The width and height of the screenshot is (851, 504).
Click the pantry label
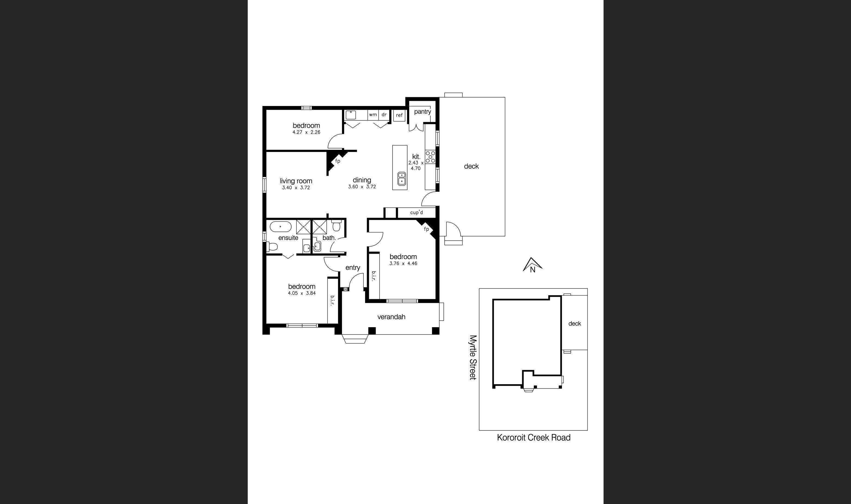423,111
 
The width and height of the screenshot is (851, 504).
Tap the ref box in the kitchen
399,115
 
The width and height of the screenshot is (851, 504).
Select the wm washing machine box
373,114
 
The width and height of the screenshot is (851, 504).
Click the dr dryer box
384,114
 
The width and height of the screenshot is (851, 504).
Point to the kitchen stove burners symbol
430,157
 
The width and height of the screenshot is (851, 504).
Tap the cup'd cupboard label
416,212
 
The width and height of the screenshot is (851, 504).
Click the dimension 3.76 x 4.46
403,263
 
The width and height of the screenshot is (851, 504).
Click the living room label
296,181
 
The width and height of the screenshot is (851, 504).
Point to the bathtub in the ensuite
281,226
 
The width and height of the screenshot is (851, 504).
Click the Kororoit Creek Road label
533,438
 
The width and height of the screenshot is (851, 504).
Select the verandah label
391,317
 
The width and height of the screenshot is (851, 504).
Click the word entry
353,268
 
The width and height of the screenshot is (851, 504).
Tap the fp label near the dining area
338,161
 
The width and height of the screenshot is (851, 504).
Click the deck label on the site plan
574,324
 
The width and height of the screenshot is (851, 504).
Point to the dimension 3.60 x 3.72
362,186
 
